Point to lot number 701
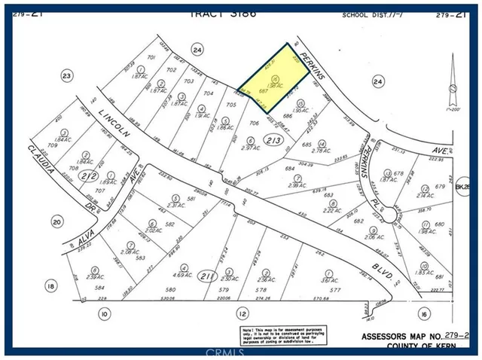coord(151,57)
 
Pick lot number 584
coord(99,287)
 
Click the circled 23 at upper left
coord(66,75)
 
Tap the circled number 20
coord(56,221)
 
